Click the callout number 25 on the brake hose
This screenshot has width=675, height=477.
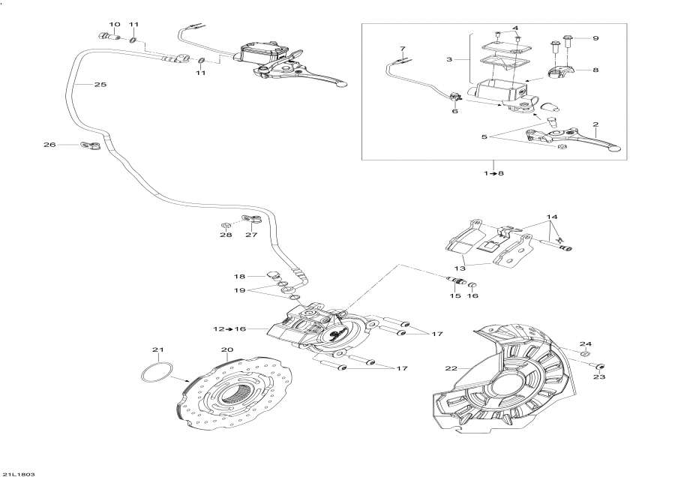point(100,85)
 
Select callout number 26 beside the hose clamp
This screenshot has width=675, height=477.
point(50,145)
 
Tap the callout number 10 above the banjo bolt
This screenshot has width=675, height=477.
point(114,24)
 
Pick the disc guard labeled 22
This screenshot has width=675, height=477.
point(510,382)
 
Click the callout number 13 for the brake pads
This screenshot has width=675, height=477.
point(459,267)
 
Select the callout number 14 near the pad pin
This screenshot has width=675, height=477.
point(552,216)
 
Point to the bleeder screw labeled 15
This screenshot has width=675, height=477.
point(454,283)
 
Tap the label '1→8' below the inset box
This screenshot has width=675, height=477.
point(493,173)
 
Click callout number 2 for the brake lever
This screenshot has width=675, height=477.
point(595,124)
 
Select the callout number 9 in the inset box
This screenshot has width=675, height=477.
point(595,37)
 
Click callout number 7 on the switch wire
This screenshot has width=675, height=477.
point(402,49)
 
